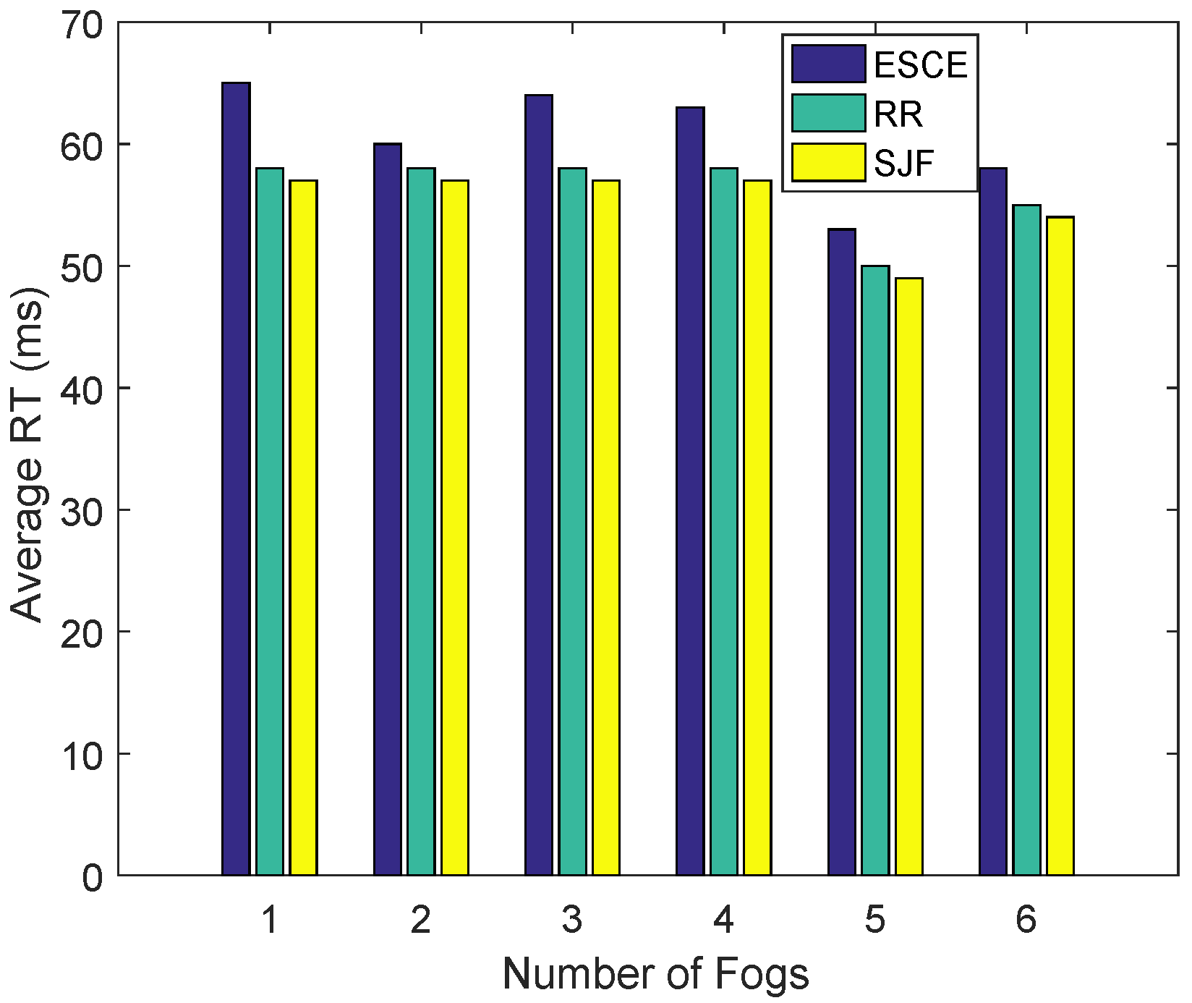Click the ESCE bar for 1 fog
tap(236, 478)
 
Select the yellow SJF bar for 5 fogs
tap(909, 576)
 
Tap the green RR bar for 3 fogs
tap(572, 521)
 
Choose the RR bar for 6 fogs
tap(1026, 540)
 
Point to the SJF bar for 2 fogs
tap(455, 527)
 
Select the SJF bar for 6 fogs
tap(1060, 546)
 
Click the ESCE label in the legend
tap(920, 65)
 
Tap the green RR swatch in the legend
tap(828, 113)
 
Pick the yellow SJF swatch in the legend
tap(828, 162)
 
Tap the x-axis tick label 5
tap(875, 921)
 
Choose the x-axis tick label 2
tap(421, 921)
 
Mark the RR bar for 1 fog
tap(270, 521)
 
